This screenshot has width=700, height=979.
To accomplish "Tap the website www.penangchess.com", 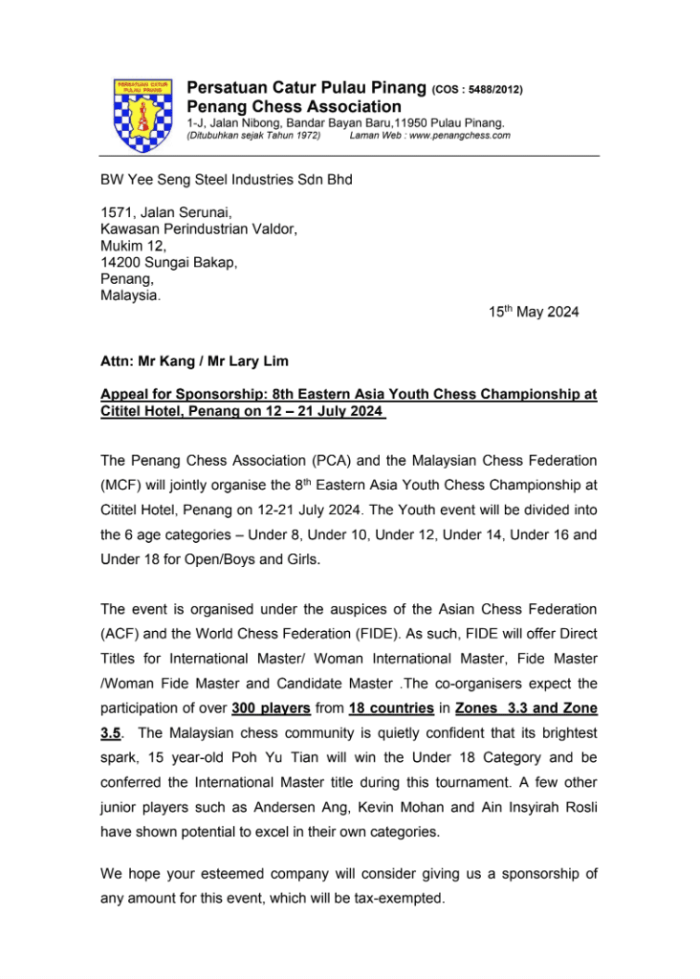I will [x=459, y=136].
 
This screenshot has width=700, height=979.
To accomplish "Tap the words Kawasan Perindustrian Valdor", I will [x=199, y=229].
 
